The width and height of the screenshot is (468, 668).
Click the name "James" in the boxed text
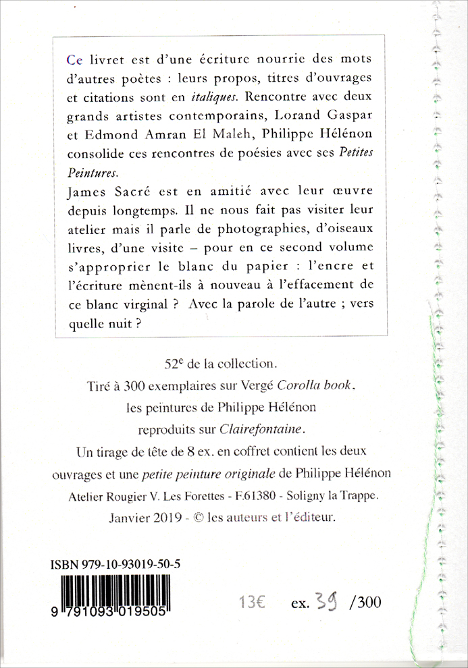pyautogui.click(x=86, y=193)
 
